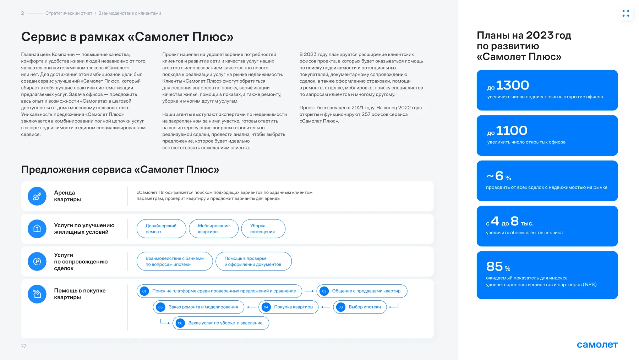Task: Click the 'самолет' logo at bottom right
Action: point(597,345)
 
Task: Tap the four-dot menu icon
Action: point(626,13)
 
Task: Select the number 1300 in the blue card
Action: point(512,85)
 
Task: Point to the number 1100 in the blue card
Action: point(512,131)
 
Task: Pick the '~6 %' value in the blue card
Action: point(499,176)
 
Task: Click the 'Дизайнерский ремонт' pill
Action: point(161,229)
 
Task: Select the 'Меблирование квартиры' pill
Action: point(214,229)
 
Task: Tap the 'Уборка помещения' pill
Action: point(263,229)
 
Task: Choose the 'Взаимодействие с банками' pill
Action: point(175,261)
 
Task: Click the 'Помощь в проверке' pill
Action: point(253,261)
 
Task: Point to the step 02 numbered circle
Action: point(324,291)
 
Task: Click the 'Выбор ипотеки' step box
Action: point(360,307)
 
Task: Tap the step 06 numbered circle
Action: point(180,323)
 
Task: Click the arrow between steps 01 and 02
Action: point(309,291)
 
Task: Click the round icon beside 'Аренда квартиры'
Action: point(37,196)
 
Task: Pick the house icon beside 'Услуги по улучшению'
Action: point(37,229)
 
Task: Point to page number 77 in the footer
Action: point(24,346)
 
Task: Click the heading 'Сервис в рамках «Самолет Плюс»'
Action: point(127,37)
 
